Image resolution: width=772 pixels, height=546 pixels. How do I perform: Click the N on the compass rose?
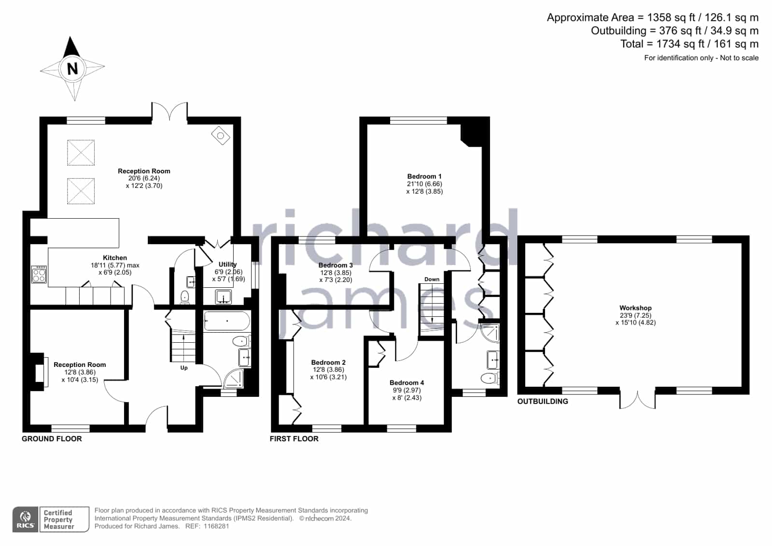pos(72,69)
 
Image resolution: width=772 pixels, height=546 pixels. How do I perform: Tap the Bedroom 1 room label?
pos(424,177)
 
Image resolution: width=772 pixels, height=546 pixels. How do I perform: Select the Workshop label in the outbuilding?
pos(635,308)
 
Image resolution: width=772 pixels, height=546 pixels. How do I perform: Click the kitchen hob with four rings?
pos(39,274)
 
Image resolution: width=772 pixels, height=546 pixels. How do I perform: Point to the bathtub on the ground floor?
pos(227,321)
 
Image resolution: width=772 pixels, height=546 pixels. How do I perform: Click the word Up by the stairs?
pos(184,368)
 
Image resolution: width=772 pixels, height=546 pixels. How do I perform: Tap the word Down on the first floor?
pos(432,279)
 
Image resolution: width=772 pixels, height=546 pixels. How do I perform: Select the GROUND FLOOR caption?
pos(52,439)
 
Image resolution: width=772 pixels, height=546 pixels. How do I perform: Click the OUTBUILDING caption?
pos(543,401)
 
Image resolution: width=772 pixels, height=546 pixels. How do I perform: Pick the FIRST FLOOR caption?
pos(294,439)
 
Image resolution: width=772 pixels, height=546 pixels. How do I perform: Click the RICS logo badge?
pos(26,519)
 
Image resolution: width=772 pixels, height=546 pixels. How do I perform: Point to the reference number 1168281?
pos(216,526)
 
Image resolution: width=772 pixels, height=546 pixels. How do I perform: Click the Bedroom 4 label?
pos(407,383)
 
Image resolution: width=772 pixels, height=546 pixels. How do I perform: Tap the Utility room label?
pos(227,265)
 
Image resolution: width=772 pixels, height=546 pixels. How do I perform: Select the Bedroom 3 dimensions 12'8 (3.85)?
pos(336,273)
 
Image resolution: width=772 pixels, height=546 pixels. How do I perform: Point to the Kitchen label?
pos(115,258)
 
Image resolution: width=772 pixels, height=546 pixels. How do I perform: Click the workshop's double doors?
pos(638,400)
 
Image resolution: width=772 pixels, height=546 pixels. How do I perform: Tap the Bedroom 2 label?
pos(328,362)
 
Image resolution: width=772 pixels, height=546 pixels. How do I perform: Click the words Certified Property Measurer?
pos(58,519)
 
